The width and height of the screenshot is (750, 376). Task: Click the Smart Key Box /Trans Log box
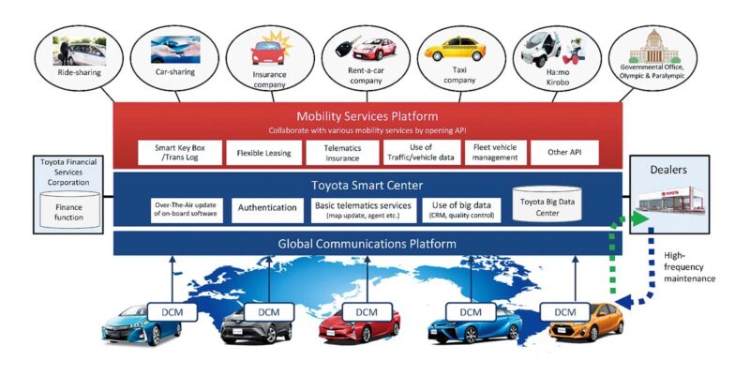coord(180,153)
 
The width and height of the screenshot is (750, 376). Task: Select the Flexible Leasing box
coord(264,153)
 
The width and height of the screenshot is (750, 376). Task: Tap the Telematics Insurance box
coord(342,153)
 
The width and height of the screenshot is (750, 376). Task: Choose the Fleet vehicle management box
coord(495,153)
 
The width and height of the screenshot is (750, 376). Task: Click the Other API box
coord(564,153)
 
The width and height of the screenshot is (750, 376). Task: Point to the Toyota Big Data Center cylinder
coord(547,204)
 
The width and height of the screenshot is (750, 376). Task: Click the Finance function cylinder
coord(68,210)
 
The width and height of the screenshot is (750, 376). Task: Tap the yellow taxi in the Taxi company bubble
coord(455,50)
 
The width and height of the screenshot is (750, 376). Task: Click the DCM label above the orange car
coord(565,312)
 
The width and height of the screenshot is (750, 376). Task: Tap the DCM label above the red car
coord(367,312)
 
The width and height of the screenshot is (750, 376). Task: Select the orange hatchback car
coord(587,322)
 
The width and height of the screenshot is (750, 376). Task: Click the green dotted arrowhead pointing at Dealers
coord(640,219)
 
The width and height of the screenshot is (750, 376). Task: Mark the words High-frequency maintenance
coord(689,267)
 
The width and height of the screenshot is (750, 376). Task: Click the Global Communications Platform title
coord(367,244)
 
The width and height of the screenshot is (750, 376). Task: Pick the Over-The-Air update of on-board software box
coord(187,210)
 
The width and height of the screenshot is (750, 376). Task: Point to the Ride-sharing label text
coord(80,73)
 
